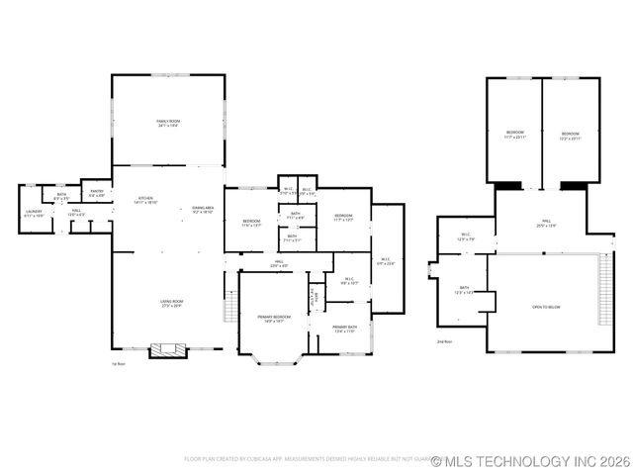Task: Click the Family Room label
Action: pyautogui.click(x=168, y=123)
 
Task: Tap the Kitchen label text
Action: pyautogui.click(x=144, y=201)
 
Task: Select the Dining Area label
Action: pyautogui.click(x=203, y=209)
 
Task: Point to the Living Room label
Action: pyautogui.click(x=173, y=303)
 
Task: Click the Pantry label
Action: pyautogui.click(x=97, y=193)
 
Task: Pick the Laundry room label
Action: pyautogui.click(x=34, y=213)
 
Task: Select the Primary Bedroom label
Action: pyautogui.click(x=272, y=319)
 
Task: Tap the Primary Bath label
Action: pyautogui.click(x=344, y=329)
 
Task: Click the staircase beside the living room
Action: pyautogui.click(x=231, y=309)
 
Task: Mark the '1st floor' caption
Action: pyautogui.click(x=118, y=364)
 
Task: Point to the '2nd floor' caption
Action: pyautogui.click(x=444, y=341)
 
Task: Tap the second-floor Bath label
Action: pyautogui.click(x=462, y=292)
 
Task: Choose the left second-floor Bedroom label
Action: pyautogui.click(x=515, y=135)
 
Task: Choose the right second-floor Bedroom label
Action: pyautogui.click(x=571, y=135)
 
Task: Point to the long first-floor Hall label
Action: pyautogui.click(x=280, y=264)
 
